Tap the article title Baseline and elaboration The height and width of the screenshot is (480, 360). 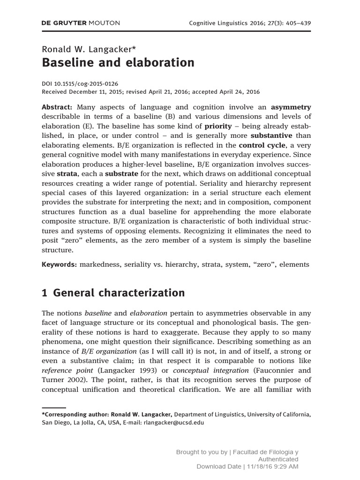click(x=118, y=62)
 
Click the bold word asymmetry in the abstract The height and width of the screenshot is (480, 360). click(x=291, y=107)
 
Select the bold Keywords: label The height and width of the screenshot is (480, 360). click(x=59, y=264)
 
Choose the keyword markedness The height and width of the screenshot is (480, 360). click(x=99, y=264)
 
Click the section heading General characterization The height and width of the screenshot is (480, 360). click(x=119, y=293)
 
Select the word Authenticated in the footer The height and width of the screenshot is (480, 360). click(x=278, y=459)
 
